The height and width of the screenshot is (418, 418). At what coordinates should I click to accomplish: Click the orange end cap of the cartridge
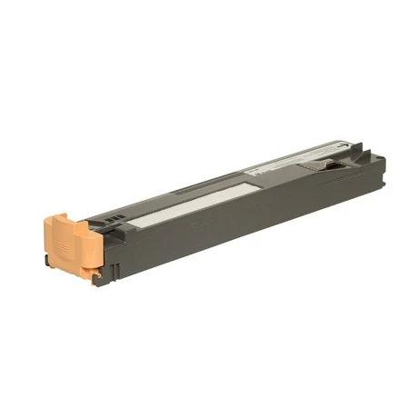click(68, 241)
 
